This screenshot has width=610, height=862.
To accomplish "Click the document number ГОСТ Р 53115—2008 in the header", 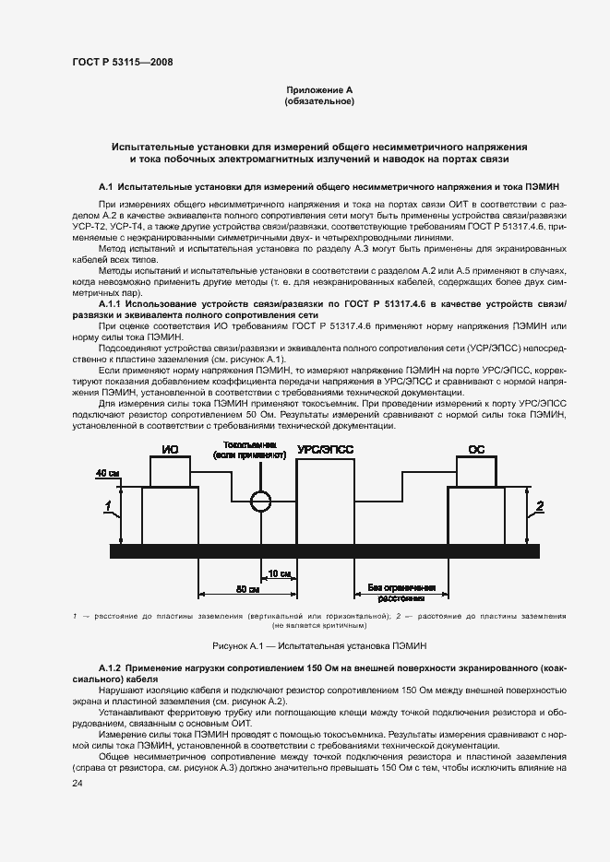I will click(122, 62).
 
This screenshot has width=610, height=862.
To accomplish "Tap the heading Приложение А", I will click(319, 89).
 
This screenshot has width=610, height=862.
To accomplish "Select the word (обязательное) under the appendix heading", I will click(319, 100).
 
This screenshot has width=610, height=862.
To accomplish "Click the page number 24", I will click(77, 783).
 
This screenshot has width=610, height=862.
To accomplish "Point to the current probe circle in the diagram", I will click(262, 500).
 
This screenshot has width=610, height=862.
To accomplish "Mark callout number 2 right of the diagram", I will click(541, 504).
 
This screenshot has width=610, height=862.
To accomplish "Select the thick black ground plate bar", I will click(324, 550).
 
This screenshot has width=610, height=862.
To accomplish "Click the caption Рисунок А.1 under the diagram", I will click(318, 645).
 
